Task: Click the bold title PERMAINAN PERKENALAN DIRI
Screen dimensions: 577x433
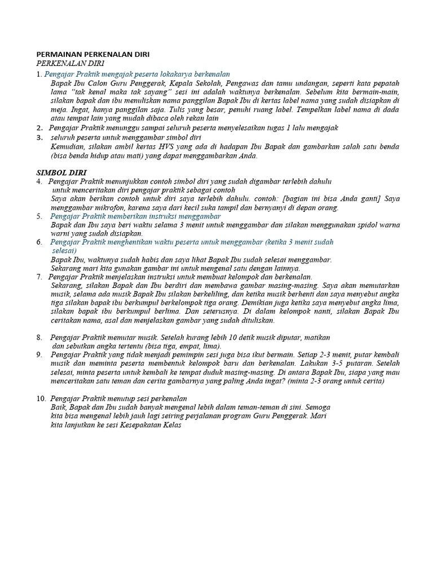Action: point(93,55)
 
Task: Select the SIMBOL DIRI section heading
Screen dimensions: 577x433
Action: point(61,172)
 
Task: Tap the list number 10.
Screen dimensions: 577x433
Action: point(41,398)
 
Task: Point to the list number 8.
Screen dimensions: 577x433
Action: point(39,337)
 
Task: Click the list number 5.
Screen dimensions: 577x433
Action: point(39,216)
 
